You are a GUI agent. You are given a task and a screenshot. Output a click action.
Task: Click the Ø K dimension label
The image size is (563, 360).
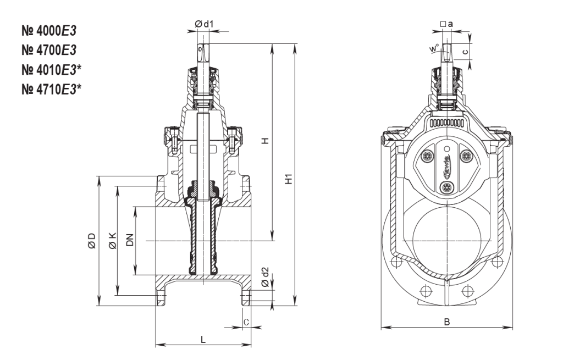(x=112, y=240)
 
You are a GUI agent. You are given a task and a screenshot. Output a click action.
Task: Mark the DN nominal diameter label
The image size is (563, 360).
(x=130, y=240)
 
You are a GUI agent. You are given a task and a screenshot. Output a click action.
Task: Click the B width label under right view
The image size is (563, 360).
(x=447, y=322)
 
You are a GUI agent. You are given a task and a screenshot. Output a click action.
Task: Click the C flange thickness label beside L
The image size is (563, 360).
(x=246, y=322)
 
